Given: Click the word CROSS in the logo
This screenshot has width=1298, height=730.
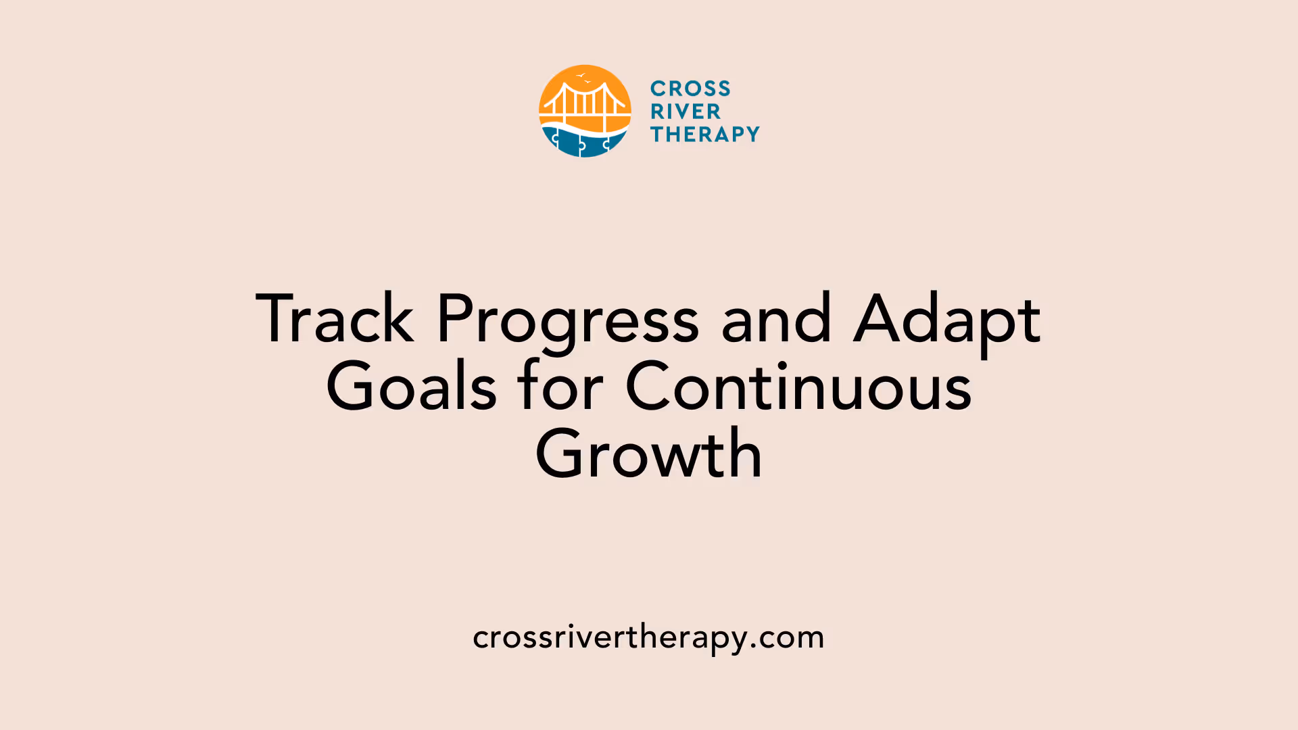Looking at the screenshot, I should [x=690, y=89].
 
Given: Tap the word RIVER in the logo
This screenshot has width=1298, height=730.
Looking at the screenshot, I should [x=686, y=112].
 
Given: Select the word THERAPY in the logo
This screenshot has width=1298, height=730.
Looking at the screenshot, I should [x=705, y=135].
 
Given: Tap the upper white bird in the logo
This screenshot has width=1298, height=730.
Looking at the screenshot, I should [x=580, y=76].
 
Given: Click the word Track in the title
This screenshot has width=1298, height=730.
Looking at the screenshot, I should [x=335, y=319].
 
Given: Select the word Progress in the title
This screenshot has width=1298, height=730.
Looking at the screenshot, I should [x=567, y=320].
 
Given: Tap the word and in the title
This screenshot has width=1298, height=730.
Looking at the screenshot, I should [x=775, y=319].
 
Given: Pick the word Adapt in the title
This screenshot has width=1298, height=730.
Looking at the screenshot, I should [x=946, y=320].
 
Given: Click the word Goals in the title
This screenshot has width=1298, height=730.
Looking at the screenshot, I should [x=411, y=387].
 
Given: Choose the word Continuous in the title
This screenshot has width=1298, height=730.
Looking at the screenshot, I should [x=798, y=387].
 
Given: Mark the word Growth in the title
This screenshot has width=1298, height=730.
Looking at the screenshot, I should [x=649, y=454].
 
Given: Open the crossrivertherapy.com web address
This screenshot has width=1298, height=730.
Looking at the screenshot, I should [x=648, y=637].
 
